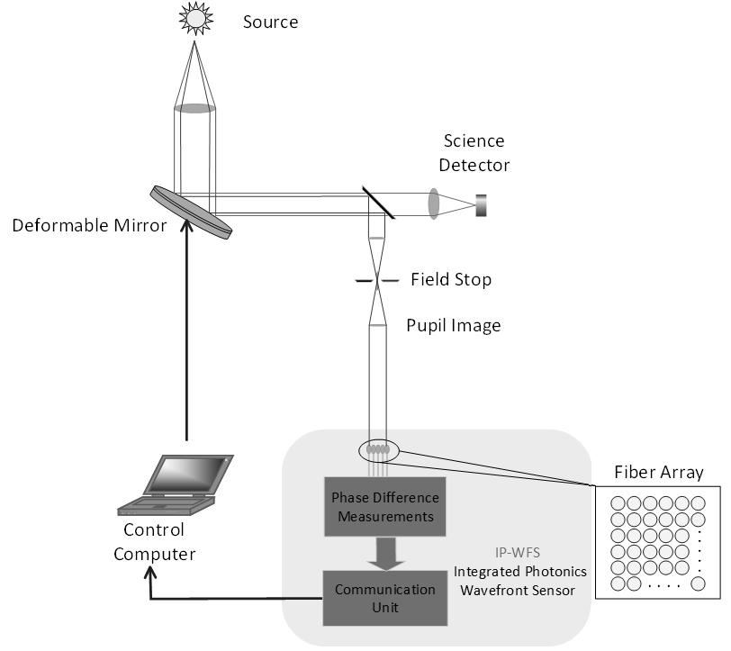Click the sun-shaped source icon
(196, 18)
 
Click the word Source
(270, 22)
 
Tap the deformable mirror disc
(191, 212)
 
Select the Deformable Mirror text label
(89, 225)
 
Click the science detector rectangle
(481, 205)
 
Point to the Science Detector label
(474, 153)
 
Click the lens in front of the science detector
(434, 203)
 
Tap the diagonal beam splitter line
(378, 203)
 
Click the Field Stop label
(451, 279)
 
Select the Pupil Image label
(454, 325)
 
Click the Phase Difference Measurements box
(385, 506)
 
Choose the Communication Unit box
(385, 598)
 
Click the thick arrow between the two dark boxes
(385, 554)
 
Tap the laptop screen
(189, 475)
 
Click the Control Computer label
(154, 542)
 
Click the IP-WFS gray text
(518, 553)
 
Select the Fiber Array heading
(659, 472)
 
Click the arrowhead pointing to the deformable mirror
(187, 225)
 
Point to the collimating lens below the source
(194, 108)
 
